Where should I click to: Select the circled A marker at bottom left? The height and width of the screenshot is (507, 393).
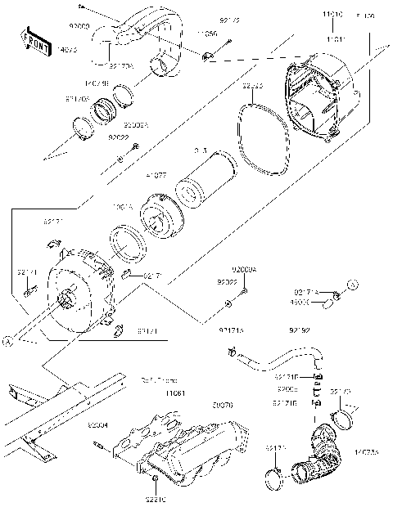tap(7, 343)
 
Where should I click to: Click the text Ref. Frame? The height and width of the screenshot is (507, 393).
tap(159, 379)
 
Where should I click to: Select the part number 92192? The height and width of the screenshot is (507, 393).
tap(299, 331)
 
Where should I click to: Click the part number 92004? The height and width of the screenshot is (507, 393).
tap(99, 425)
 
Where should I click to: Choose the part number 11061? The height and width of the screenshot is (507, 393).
tap(176, 393)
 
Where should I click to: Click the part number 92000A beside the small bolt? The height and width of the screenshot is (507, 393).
tap(243, 269)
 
